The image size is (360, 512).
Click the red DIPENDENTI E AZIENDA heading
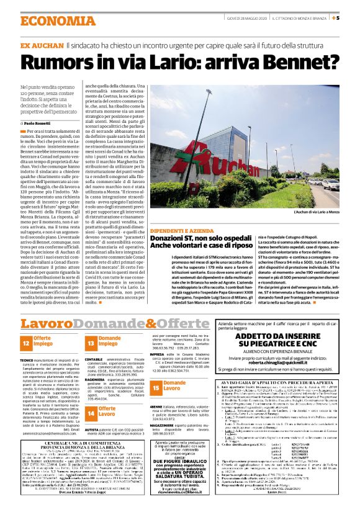[179, 229]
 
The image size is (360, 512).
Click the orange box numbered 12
[26, 341]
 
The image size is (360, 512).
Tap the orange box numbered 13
[91, 341]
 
